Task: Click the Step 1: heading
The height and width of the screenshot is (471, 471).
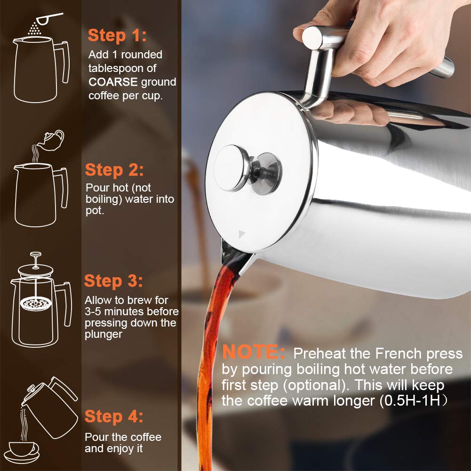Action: point(117,35)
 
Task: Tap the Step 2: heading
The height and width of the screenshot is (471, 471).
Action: point(114,169)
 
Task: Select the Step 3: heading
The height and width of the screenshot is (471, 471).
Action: point(113,281)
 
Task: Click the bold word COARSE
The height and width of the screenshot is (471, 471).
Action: point(113,82)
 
